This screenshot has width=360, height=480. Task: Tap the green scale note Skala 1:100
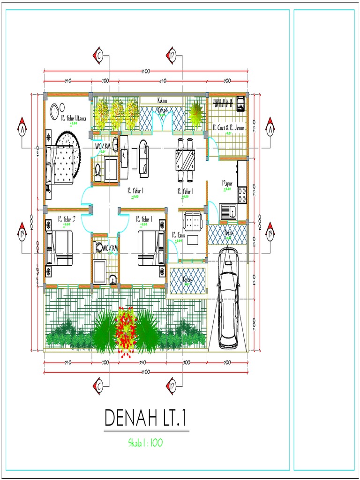145,442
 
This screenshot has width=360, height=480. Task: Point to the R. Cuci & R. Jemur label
228,127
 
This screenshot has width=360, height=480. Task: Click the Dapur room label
227,184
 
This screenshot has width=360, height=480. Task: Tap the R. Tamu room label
179,236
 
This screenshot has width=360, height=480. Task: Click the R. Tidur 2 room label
67,219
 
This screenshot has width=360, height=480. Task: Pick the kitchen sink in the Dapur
229,211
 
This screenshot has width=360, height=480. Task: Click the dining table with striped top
186,160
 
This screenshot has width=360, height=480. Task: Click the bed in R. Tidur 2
59,248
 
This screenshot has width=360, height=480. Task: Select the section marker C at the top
98,56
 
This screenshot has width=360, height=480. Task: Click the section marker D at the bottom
171,386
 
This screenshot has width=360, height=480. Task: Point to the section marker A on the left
22,127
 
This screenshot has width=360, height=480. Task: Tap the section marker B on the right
270,233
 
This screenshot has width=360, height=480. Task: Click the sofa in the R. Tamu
193,221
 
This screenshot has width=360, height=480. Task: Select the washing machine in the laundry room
240,104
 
